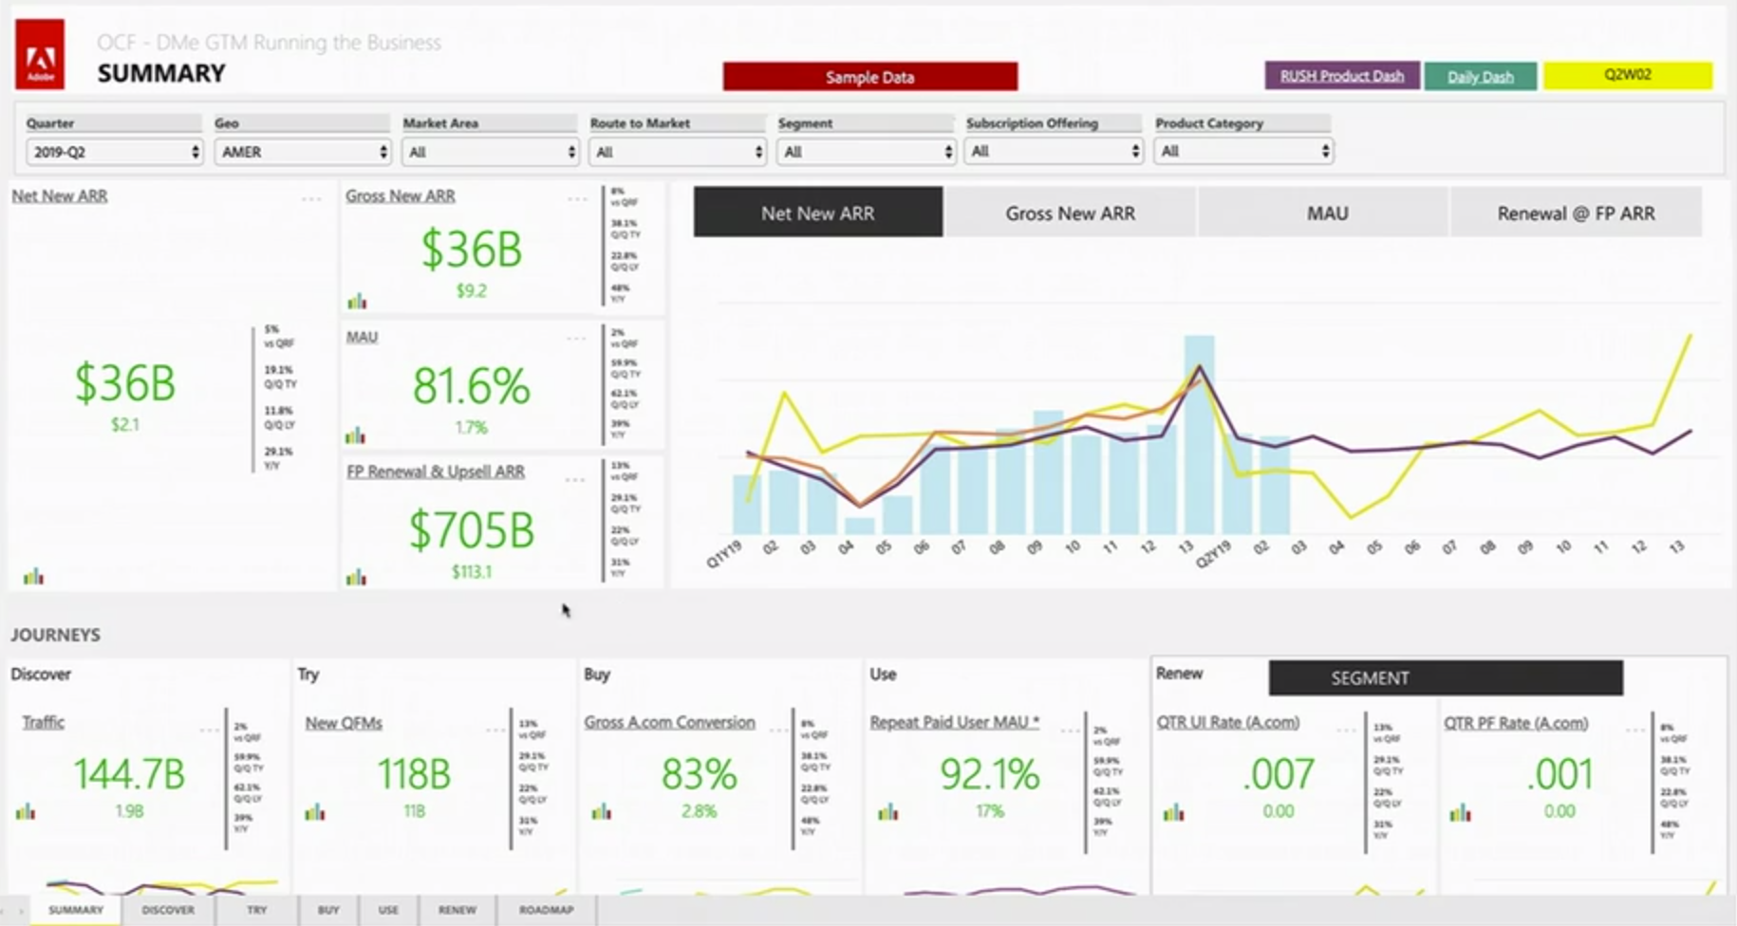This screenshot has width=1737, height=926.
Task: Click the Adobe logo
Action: coord(40,55)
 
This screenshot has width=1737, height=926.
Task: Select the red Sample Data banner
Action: coord(869,77)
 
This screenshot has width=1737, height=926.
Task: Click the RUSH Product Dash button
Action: coord(1341,76)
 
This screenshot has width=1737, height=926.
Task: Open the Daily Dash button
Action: coord(1479,77)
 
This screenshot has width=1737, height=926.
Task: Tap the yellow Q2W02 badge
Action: coord(1627,75)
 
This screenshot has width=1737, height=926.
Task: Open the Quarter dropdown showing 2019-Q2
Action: coord(113,152)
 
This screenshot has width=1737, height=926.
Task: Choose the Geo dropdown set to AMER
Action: coord(302,152)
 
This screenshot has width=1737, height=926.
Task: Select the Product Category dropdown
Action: coord(1242,151)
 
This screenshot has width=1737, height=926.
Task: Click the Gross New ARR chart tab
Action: coord(1070,213)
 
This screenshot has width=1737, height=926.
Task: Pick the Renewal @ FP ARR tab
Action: coord(1576,213)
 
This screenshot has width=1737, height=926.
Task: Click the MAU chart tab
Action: coord(1326,213)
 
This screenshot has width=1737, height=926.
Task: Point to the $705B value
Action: coord(471,529)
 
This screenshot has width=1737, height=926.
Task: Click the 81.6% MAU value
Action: coord(471,386)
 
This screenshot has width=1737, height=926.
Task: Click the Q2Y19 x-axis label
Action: coord(1213,554)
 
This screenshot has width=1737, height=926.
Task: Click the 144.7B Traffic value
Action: coord(129,774)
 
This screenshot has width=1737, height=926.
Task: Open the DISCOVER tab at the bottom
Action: coord(168,910)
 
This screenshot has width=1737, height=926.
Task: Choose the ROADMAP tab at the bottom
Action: coord(546,910)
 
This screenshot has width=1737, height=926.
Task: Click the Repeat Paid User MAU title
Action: coord(954,722)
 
